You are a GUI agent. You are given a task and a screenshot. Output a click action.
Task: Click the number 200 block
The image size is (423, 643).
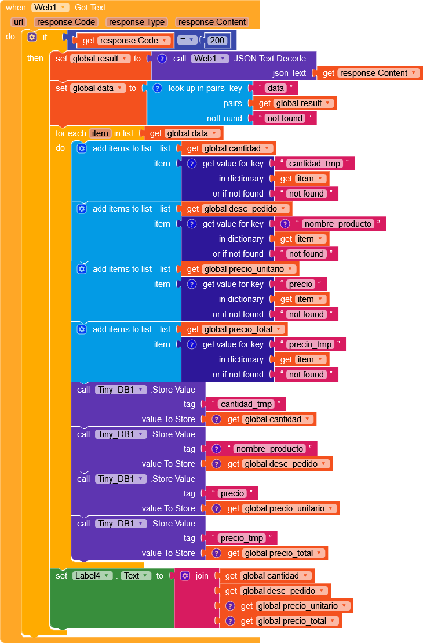[x=218, y=41]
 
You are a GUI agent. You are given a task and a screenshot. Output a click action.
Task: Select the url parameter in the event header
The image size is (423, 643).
[x=19, y=22]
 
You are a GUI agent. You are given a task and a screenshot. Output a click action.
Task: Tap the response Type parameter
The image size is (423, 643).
[x=137, y=22]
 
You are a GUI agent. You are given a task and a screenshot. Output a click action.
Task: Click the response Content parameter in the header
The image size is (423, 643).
[x=212, y=22]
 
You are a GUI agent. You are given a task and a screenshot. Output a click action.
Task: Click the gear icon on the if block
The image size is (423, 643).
[x=32, y=37]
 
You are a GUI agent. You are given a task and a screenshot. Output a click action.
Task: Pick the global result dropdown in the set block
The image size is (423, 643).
[x=99, y=59]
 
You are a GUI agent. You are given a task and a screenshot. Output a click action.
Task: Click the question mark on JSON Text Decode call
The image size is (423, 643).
[x=162, y=59]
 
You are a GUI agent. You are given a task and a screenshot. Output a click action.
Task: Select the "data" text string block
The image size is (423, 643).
[x=276, y=88]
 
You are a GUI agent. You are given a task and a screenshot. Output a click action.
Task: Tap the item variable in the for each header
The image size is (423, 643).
[x=100, y=133]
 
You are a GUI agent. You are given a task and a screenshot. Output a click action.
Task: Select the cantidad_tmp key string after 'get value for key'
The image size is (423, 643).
[x=314, y=164]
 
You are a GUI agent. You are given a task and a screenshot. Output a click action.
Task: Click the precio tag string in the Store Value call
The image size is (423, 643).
[x=232, y=493]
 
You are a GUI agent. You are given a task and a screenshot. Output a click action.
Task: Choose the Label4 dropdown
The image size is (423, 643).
[x=92, y=576]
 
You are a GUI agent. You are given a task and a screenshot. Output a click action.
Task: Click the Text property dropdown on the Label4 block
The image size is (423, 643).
[x=136, y=576]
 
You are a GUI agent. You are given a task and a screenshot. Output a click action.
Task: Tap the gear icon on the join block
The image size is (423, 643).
[x=185, y=576]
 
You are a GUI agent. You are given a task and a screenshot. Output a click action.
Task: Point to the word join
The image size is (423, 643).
[x=202, y=576]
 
